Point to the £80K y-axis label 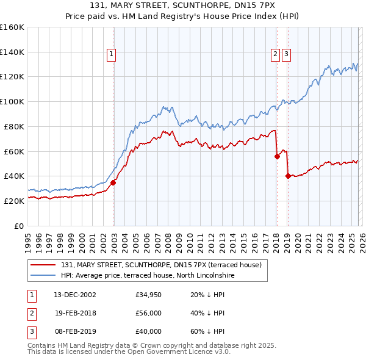[x=13, y=126]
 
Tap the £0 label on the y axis [x=20, y=226]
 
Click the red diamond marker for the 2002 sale [x=113, y=182]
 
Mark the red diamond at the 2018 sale [x=277, y=156]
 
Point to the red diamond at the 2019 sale [x=287, y=176]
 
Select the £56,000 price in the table [x=149, y=313]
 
